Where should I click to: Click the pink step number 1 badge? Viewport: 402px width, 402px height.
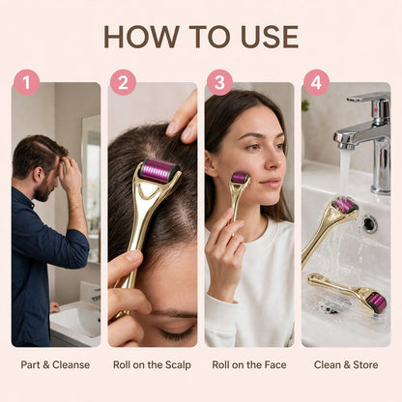point(26,82)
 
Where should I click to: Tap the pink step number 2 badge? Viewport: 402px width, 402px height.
point(123,82)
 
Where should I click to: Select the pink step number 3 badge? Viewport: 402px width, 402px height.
point(219,82)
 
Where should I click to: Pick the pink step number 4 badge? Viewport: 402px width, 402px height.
point(316,82)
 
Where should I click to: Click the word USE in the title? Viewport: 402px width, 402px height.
point(270,37)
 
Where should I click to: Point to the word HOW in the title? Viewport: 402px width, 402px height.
point(142,37)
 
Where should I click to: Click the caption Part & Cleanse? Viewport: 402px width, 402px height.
point(55,365)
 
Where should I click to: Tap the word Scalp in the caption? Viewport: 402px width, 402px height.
point(178,365)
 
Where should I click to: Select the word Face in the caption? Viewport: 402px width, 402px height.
point(275,365)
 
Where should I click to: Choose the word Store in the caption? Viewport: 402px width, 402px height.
point(365,365)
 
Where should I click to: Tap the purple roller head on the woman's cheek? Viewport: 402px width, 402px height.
point(240,178)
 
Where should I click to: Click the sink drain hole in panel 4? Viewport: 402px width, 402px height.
point(369,223)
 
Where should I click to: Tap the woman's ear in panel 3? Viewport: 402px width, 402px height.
point(211,163)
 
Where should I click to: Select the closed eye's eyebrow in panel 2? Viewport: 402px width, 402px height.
point(174,313)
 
